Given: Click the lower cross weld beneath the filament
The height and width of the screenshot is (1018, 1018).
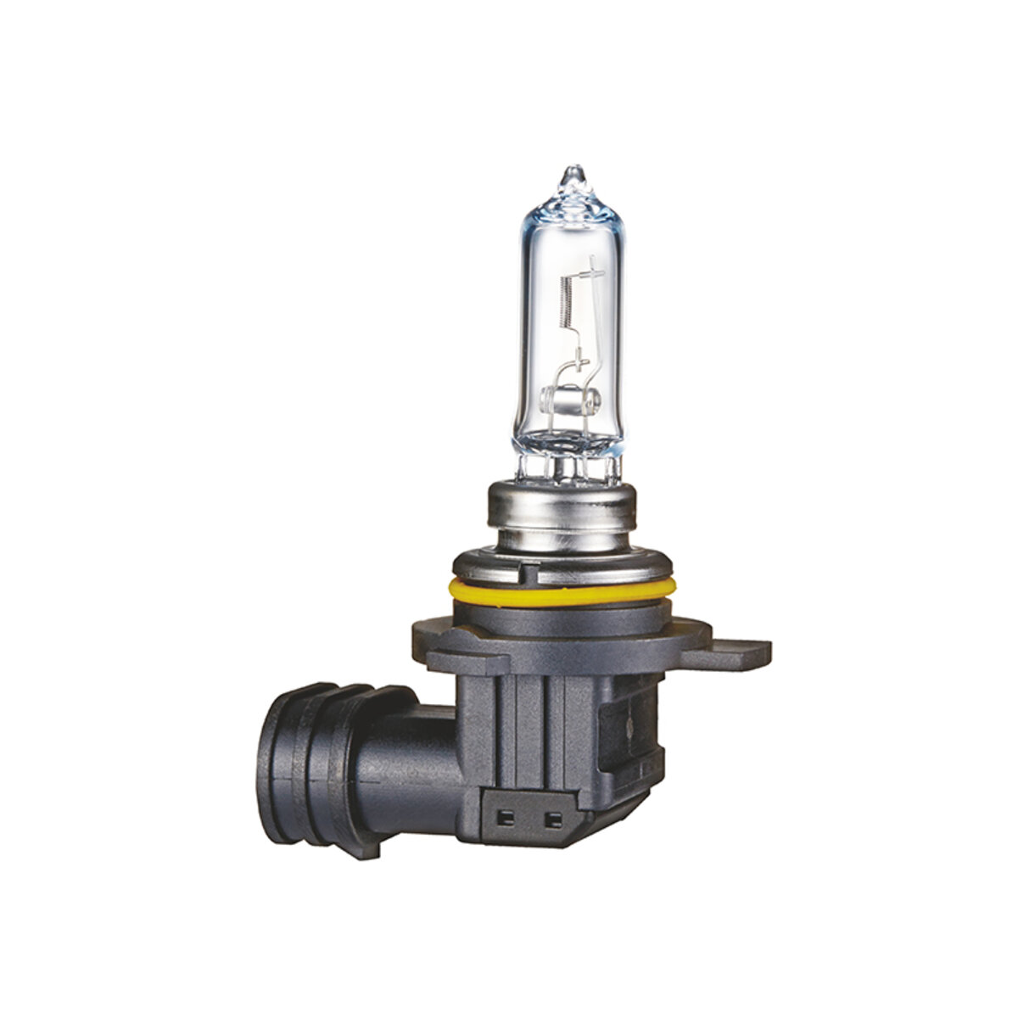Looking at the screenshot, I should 582,366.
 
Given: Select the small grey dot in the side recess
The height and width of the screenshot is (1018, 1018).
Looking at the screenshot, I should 629,728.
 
